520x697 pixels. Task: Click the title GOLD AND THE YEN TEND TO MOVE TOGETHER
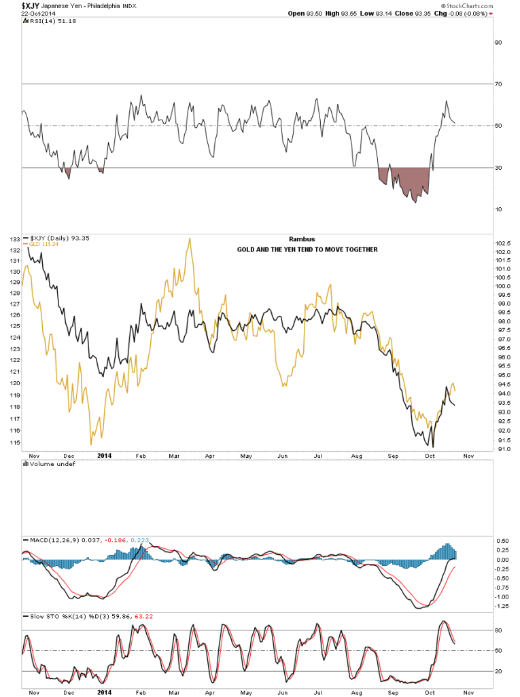pyautogui.click(x=307, y=249)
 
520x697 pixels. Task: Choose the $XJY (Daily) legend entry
pyautogui.click(x=50, y=238)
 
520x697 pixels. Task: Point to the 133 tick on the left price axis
pyautogui.click(x=14, y=239)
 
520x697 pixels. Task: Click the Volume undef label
pyautogui.click(x=42, y=464)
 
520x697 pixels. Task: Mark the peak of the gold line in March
pyautogui.click(x=188, y=238)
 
